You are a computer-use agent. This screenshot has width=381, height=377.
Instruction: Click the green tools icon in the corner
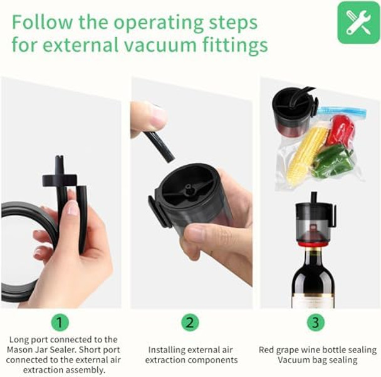[358, 23]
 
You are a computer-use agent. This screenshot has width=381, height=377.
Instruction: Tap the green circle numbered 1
[60, 323]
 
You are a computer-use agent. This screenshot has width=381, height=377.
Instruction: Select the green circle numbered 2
[190, 323]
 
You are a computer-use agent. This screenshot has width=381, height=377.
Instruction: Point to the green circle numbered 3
[315, 323]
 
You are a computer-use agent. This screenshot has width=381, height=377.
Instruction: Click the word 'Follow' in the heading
[42, 23]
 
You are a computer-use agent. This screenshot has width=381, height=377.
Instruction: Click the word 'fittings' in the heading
[235, 45]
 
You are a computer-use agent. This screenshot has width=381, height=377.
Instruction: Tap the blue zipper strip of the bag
[341, 111]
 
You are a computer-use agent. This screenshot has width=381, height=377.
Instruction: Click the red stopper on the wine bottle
[315, 243]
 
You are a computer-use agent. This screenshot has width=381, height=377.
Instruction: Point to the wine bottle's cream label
[313, 301]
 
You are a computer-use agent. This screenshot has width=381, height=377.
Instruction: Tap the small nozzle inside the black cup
[189, 188]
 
